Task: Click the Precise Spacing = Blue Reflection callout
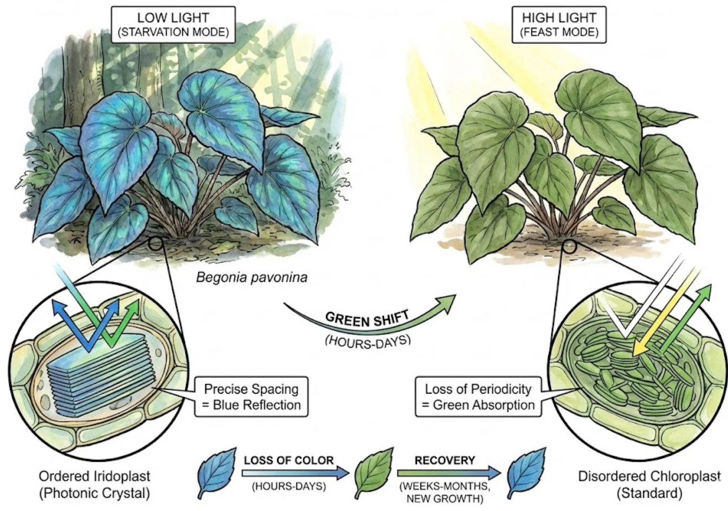[x=251, y=397]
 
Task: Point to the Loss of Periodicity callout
[x=476, y=397]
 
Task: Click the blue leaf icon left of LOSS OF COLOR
[x=214, y=474]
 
